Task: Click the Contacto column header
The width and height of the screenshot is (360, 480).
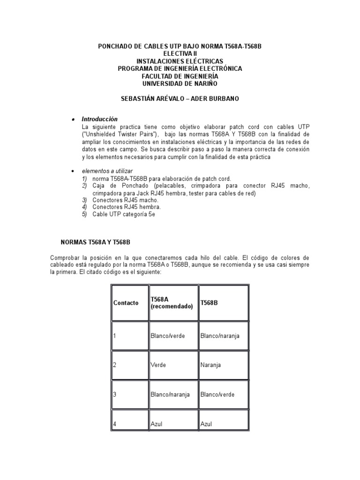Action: (126, 303)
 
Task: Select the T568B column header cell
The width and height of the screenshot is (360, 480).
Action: (209, 303)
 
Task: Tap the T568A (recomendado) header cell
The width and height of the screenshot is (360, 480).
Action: (172, 303)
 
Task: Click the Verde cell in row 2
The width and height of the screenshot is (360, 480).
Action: (158, 364)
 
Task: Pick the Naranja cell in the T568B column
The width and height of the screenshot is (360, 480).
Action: (210, 364)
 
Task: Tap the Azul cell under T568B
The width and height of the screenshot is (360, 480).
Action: (206, 424)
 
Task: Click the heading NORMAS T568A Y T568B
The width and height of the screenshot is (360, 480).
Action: (96, 242)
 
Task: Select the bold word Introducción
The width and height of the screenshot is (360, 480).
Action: (100, 119)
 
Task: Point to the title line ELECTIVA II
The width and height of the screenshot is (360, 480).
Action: (180, 54)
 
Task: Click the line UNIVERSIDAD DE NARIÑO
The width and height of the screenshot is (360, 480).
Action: (180, 83)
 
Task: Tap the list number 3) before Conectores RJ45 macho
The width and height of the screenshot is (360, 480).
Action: (84, 200)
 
